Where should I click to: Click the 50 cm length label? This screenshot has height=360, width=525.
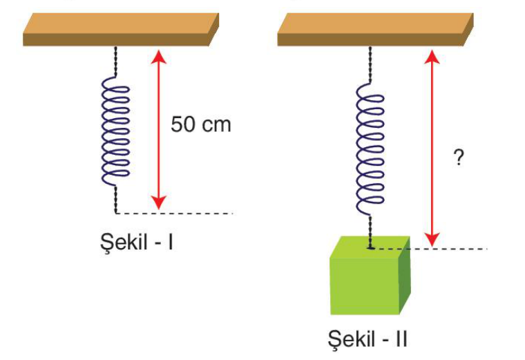point(201,124)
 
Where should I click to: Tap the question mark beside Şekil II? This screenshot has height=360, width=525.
point(459,158)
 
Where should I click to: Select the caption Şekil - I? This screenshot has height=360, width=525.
point(137,242)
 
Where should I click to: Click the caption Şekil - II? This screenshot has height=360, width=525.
point(367,339)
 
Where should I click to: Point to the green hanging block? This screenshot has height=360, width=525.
point(370,275)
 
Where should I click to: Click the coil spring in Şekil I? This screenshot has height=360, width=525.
point(115,131)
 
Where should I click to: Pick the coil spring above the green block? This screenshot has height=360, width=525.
point(370,149)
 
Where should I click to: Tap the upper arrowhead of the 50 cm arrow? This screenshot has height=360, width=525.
point(159,56)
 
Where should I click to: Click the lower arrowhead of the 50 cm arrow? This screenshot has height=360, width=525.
point(159,202)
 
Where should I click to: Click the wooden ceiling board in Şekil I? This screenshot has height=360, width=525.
point(121,30)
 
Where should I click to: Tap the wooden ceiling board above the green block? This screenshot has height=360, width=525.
point(375,30)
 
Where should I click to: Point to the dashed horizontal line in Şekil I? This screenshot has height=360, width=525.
point(174,213)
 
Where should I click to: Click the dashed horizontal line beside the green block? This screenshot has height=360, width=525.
point(428,249)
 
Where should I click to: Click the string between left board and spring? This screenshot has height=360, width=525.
point(116,61)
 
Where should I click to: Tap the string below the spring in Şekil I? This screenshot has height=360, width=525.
point(116,199)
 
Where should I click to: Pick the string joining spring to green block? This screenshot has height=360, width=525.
point(370,231)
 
